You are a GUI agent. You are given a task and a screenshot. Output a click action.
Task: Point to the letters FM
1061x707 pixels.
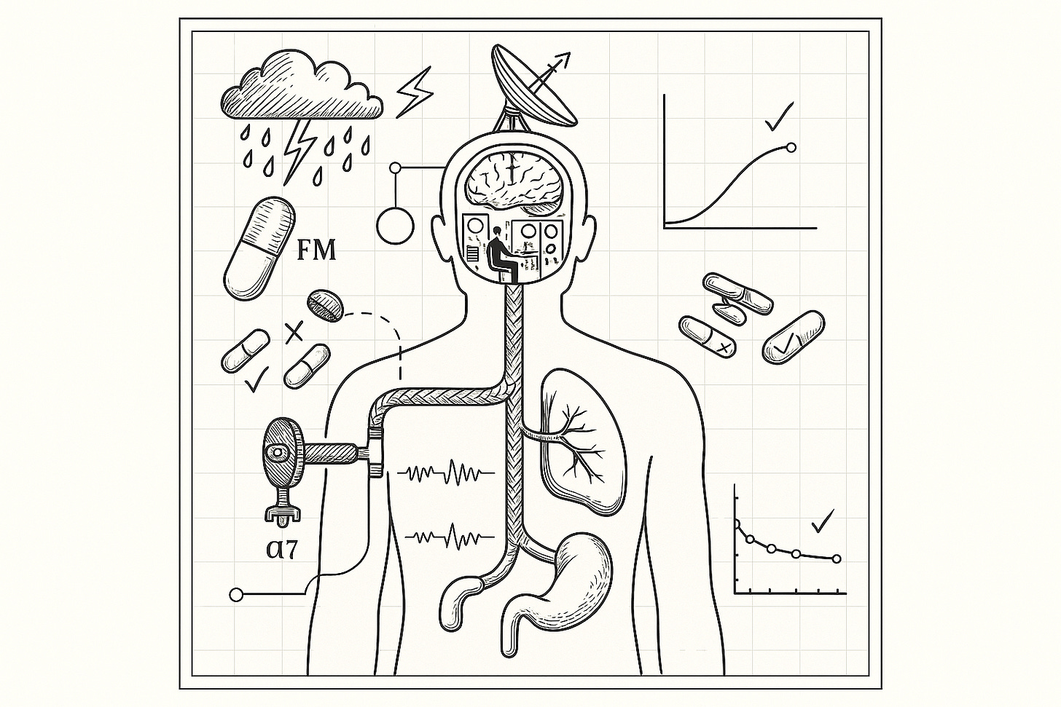click(317, 250)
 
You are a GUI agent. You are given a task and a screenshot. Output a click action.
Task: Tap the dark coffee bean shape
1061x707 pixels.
click(325, 305)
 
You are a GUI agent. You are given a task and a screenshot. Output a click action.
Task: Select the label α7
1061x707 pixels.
click(282, 548)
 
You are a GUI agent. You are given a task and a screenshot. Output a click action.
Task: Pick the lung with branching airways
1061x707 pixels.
click(579, 437)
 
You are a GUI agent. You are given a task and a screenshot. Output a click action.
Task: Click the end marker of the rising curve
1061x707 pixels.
click(791, 147)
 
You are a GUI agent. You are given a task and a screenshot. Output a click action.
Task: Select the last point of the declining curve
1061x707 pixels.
click(836, 558)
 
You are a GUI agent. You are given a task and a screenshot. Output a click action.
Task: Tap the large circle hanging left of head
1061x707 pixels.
click(394, 225)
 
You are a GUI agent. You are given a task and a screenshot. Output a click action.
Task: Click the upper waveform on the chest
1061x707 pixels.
click(447, 473)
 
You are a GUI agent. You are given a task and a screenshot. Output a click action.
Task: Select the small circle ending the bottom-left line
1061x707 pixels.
click(236, 595)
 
